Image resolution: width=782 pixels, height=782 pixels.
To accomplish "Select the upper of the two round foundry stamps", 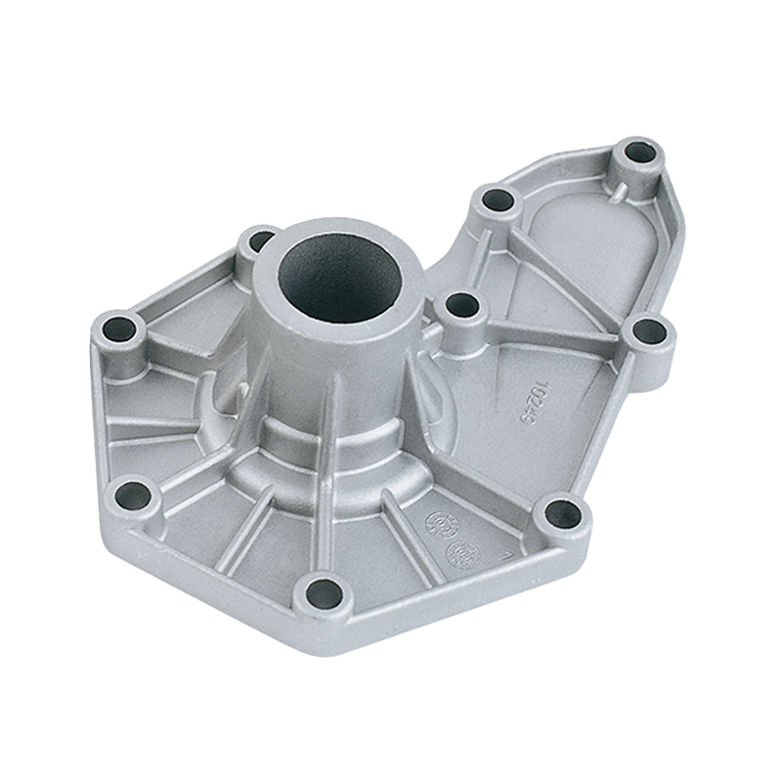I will coord(438,524).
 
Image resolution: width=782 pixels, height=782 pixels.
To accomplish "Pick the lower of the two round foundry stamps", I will coord(459,553).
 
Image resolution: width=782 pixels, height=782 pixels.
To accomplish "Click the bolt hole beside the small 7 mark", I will coord(562,512).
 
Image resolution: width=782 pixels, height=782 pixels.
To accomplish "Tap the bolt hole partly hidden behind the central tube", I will coord(260,239).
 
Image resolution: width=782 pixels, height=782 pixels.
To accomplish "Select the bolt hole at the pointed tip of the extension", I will coord(640,153).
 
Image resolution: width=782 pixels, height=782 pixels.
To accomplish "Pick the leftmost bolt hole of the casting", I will coord(119,328).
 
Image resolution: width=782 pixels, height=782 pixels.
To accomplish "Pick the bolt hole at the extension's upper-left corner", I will coord(498,200).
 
